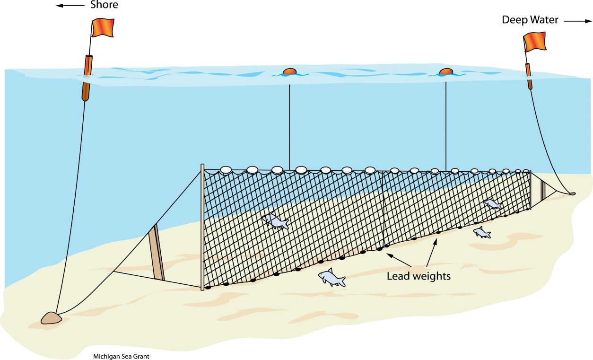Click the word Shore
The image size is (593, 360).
click(x=104, y=6)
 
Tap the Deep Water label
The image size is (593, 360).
click(x=530, y=20)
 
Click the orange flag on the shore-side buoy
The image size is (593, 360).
click(x=103, y=27)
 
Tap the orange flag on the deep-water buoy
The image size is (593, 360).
click(x=535, y=42)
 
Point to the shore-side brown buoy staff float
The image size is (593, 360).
click(x=87, y=78)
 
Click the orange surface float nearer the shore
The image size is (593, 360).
click(x=289, y=72)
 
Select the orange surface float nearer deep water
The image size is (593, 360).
click(x=446, y=72)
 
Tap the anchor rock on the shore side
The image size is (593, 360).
click(x=51, y=317)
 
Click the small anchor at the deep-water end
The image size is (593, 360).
click(x=572, y=193)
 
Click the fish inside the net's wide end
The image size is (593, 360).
click(x=276, y=220)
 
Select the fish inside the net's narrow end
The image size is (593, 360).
click(x=493, y=204)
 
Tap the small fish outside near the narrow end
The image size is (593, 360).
click(x=481, y=232)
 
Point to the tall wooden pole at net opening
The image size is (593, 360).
click(x=202, y=227)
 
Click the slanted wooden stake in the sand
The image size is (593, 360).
click(x=157, y=253)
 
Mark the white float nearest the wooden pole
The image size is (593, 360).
click(x=226, y=169)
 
